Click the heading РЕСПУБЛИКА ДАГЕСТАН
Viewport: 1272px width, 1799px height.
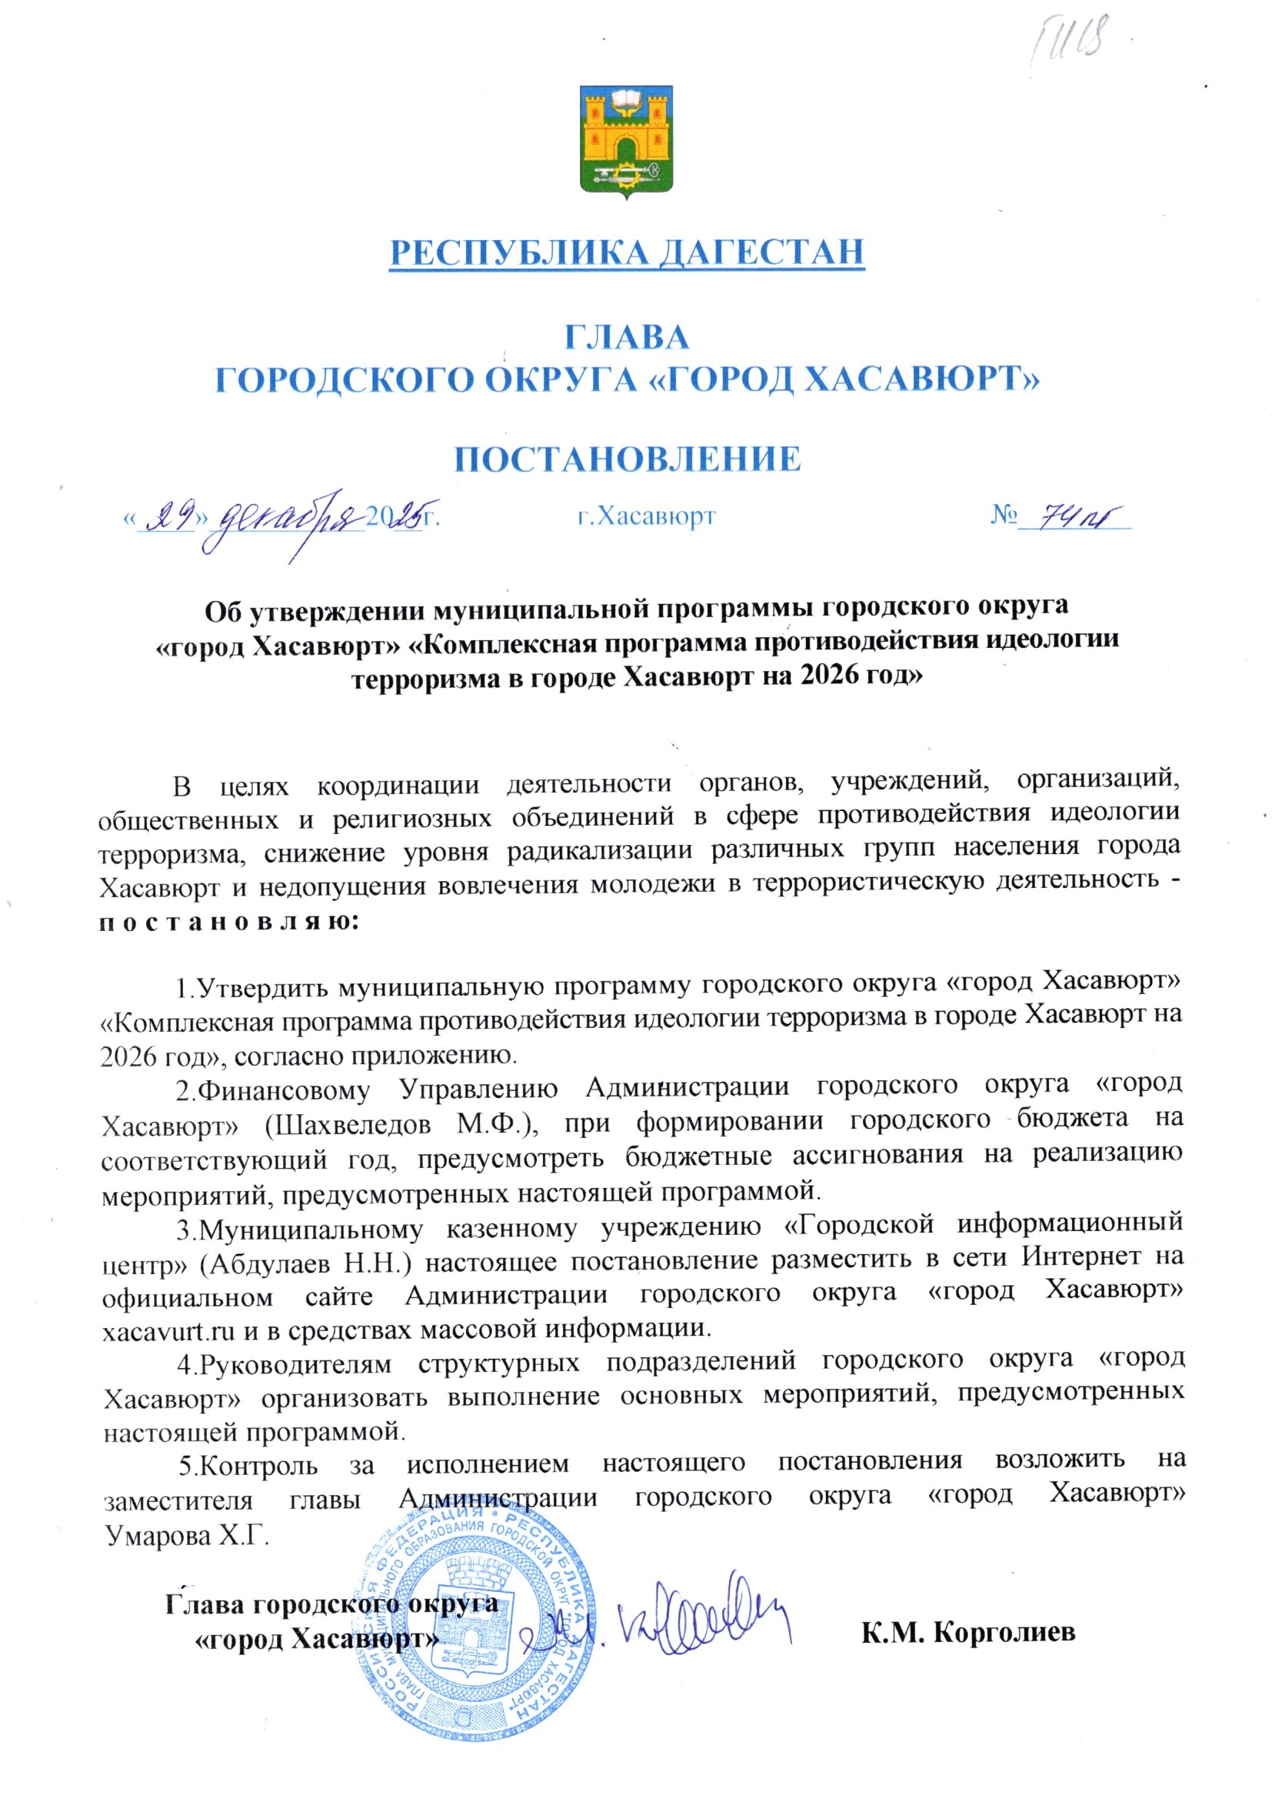[x=627, y=252]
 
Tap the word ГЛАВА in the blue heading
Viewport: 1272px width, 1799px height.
[x=627, y=337]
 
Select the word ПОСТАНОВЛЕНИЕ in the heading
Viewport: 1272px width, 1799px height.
[x=628, y=459]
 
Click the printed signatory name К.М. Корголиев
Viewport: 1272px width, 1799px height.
[x=968, y=1633]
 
